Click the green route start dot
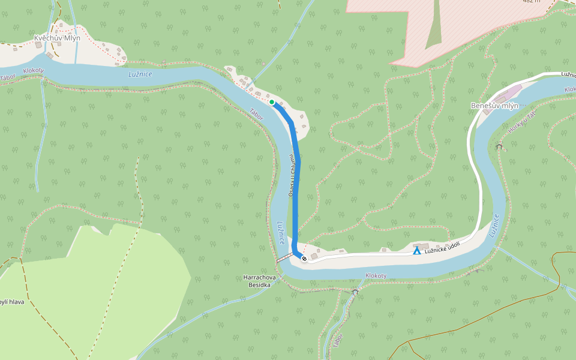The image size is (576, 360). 272,103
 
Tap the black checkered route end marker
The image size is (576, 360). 304,259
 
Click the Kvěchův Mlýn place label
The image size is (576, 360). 57,38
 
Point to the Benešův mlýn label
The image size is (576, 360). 494,106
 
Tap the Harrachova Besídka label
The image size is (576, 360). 260,281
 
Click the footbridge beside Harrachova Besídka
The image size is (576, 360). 284,257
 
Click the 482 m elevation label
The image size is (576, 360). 531,2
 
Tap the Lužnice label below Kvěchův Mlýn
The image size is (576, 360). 140,74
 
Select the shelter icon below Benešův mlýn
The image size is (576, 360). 499,146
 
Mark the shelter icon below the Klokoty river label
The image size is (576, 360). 355,292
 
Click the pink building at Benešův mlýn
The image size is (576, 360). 511,93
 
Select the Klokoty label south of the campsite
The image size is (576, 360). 376,275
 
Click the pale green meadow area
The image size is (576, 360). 120,282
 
